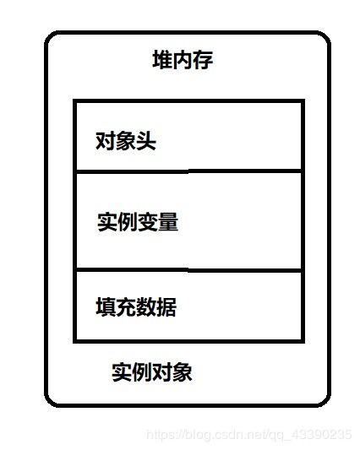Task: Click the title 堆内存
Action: pos(183,60)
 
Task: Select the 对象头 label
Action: pos(126,141)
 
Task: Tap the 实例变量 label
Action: pos(138,222)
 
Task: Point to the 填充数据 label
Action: pos(136,306)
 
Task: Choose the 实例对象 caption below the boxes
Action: pos(152,372)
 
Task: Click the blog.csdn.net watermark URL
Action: pos(249,435)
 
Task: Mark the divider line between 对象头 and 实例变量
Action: pos(188,171)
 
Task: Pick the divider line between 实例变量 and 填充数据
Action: pos(188,270)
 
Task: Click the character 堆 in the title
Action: pos(162,60)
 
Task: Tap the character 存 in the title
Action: pos(203,60)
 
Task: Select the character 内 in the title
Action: pos(183,60)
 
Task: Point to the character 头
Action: pos(146,141)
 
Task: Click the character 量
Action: pos(169,222)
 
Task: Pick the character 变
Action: pos(148,222)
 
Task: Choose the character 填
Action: pos(106,306)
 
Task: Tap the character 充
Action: pos(126,306)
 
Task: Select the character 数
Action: pos(146,306)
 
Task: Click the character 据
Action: pos(166,306)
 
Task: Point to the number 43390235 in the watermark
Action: pos(322,434)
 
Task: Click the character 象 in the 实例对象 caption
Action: pos(183,372)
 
